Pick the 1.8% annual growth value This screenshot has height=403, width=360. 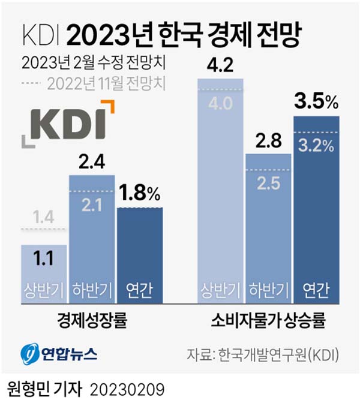tap(140, 193)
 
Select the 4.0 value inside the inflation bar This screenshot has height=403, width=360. tap(221, 104)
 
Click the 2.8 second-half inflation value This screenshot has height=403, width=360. tap(269, 141)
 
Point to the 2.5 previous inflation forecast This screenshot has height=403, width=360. tap(269, 182)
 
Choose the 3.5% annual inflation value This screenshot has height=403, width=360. tap(316, 102)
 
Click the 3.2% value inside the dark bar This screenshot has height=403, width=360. tap(316, 146)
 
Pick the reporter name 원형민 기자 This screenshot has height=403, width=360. tap(41, 388)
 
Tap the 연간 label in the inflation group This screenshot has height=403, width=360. tap(316, 290)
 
